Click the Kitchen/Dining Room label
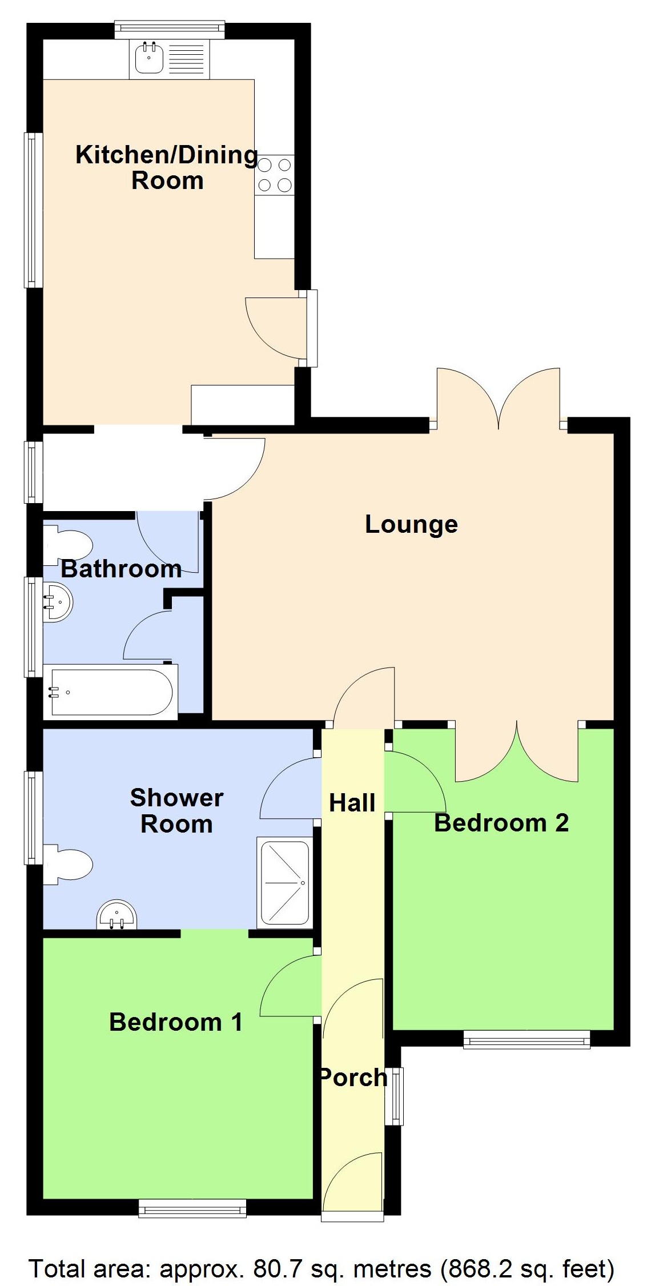click(x=167, y=167)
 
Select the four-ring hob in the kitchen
click(x=275, y=175)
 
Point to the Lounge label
click(x=411, y=524)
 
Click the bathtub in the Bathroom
click(x=111, y=692)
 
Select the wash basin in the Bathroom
click(x=57, y=601)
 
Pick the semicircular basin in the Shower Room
click(x=116, y=915)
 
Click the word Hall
click(x=352, y=803)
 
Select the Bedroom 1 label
click(x=176, y=1022)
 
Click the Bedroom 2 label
click(x=501, y=823)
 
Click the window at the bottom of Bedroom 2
click(x=526, y=1039)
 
